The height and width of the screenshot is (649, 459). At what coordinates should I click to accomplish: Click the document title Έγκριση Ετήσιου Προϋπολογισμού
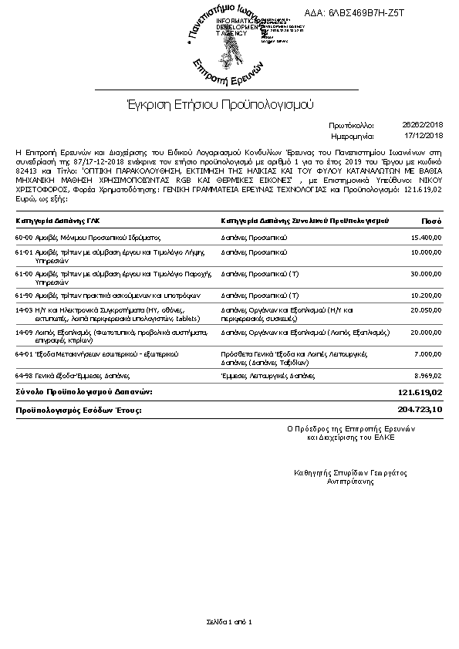click(220, 103)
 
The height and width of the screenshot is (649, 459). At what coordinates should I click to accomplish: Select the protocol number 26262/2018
click(423, 123)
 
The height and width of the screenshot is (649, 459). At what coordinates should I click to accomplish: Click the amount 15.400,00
click(426, 238)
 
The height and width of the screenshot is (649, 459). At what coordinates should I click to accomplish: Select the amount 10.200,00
click(426, 295)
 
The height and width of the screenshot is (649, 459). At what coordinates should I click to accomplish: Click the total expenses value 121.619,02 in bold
click(420, 393)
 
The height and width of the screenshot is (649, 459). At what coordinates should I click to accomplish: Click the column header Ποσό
click(432, 221)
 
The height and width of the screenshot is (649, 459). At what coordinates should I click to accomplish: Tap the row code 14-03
click(24, 309)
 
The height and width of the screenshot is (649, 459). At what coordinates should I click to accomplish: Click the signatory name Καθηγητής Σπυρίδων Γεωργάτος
click(350, 472)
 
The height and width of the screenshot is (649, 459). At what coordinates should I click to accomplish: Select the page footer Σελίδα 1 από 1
click(229, 621)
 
